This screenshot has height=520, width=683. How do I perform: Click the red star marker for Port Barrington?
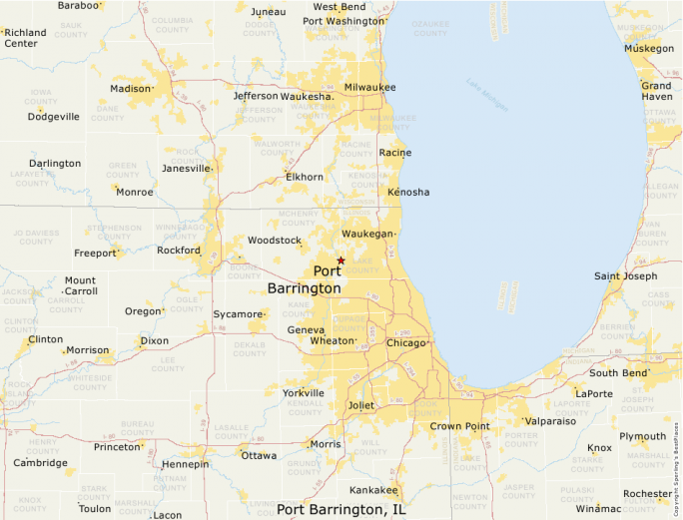[x=341, y=260]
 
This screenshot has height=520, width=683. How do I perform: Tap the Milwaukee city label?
[x=369, y=88]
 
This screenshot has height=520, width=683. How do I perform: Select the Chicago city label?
[x=406, y=343]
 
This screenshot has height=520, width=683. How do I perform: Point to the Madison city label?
[x=129, y=89]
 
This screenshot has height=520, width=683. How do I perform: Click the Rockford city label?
[x=178, y=251]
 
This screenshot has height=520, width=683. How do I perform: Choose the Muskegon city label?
[x=648, y=48]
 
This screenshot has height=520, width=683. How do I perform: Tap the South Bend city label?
[x=618, y=373]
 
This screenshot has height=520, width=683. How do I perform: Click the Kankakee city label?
[x=373, y=490]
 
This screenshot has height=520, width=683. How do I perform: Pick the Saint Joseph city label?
[x=626, y=276]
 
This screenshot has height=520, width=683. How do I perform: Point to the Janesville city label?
[x=186, y=169]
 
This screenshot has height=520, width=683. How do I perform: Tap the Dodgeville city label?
[x=54, y=117]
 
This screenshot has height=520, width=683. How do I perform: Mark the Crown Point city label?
[x=459, y=426]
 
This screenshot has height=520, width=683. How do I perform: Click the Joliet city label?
[x=360, y=405]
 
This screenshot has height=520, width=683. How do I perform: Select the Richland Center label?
[x=25, y=38]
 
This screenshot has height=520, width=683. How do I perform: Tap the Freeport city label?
[x=94, y=254]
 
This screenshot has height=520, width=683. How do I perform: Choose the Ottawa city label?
[x=259, y=456]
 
